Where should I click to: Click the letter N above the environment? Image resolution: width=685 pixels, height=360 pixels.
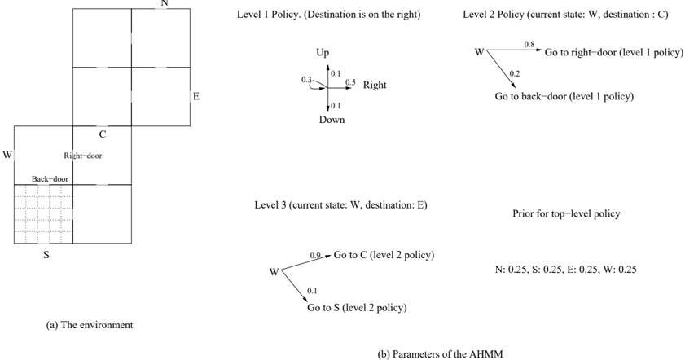165,3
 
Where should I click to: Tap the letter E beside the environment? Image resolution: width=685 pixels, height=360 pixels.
196,96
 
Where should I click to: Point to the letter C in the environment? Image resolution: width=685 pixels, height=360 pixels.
103,134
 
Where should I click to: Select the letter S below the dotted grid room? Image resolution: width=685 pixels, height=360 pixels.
46,255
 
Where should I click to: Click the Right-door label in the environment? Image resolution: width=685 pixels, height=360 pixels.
83,156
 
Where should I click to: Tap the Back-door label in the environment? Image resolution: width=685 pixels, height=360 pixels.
50,179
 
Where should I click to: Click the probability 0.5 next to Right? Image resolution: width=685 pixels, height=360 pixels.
350,82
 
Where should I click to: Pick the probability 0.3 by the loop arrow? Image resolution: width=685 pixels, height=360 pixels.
306,80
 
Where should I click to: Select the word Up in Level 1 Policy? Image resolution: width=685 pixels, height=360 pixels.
323,53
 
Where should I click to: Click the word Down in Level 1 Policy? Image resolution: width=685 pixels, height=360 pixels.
332,120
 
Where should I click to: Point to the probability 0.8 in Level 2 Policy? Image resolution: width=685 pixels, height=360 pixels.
529,44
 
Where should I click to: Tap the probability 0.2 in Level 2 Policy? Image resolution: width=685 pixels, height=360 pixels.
515,73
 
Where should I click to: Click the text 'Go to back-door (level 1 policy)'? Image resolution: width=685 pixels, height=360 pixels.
564,97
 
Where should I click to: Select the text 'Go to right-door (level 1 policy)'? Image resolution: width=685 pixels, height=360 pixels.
614,52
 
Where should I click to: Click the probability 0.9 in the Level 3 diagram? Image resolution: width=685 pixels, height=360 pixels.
315,255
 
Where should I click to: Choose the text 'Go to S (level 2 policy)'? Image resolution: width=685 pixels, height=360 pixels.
357,308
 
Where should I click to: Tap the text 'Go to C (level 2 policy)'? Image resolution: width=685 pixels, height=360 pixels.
384,255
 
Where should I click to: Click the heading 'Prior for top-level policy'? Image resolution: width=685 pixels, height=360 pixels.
566,213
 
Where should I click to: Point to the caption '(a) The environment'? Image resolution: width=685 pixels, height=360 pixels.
90,325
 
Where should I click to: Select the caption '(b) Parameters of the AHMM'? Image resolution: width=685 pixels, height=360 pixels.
440,353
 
